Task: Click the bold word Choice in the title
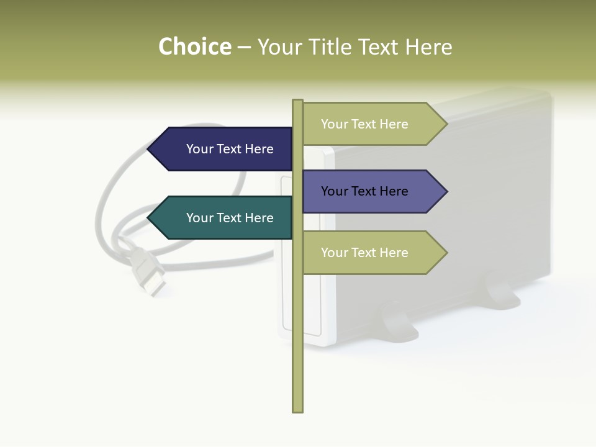tap(194, 47)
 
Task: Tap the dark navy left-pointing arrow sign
tap(223, 149)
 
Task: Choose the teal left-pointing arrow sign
tap(223, 218)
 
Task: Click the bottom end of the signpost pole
tap(297, 410)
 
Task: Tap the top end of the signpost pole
tap(297, 101)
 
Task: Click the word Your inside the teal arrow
tap(200, 218)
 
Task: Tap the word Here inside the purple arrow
tap(394, 191)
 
